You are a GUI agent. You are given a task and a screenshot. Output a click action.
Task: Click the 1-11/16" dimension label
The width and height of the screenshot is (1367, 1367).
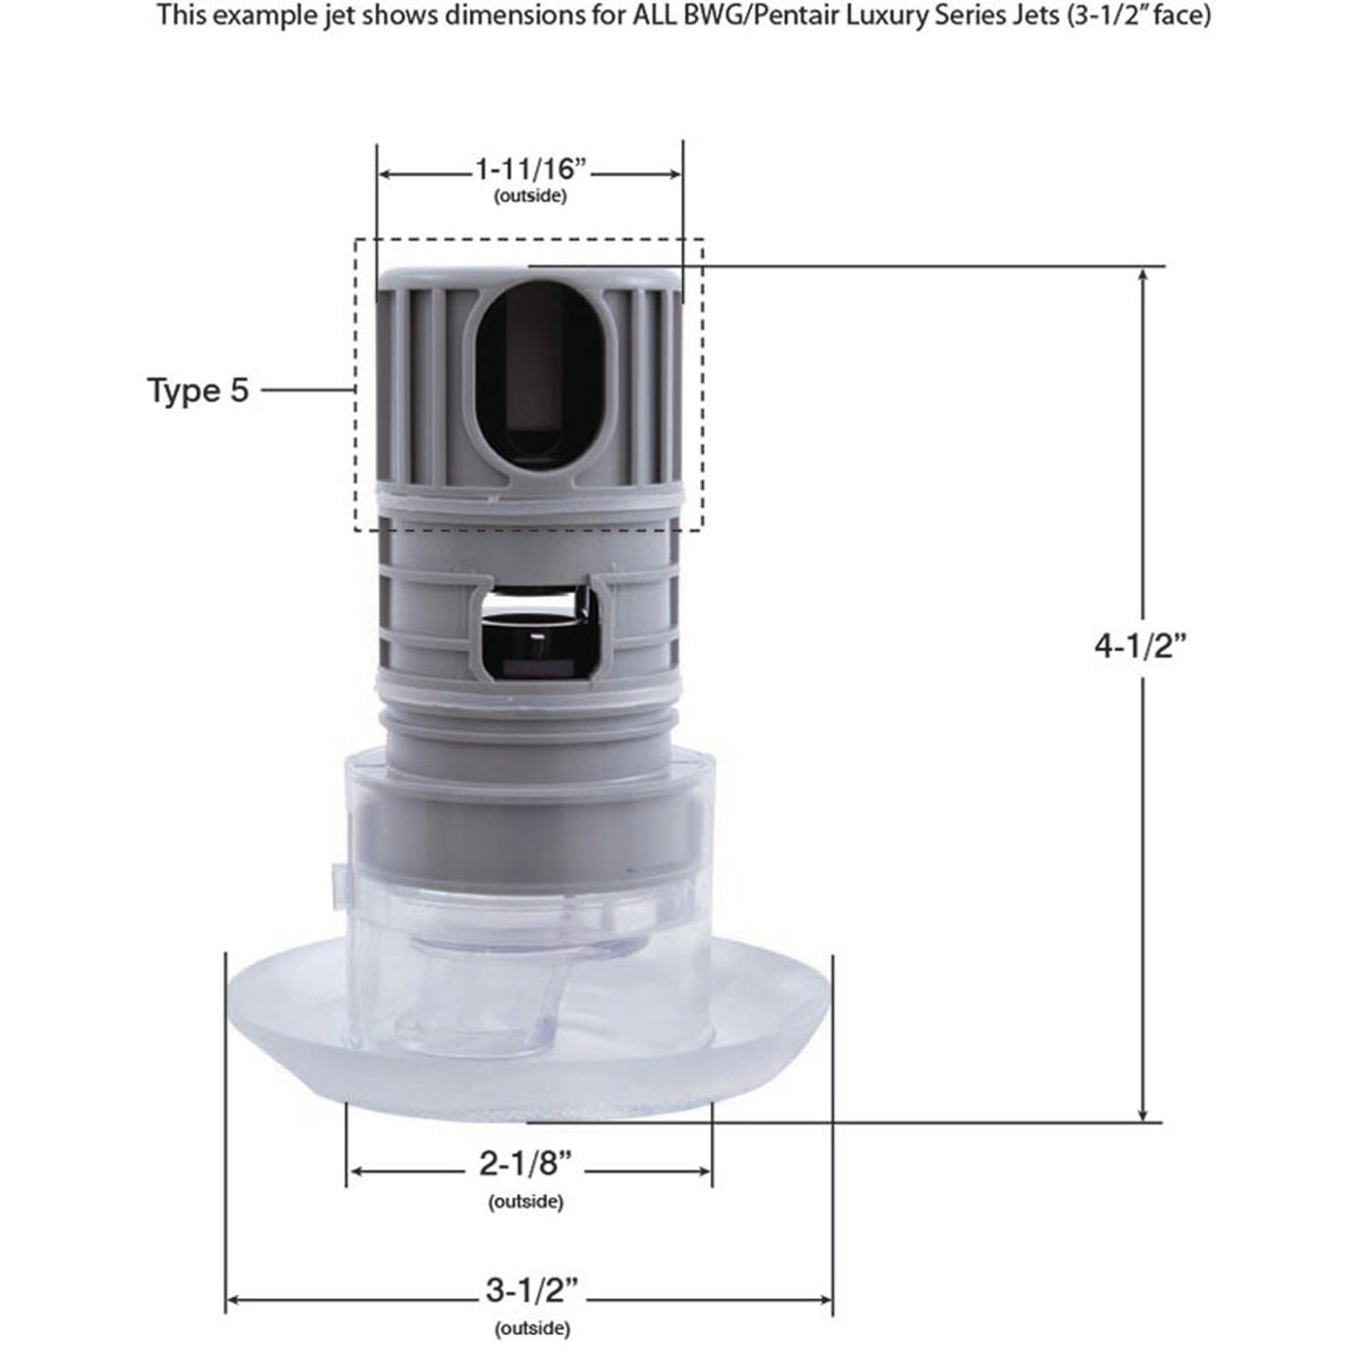click(x=531, y=170)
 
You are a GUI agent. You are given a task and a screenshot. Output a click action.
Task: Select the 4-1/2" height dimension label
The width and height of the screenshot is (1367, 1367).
click(x=1140, y=646)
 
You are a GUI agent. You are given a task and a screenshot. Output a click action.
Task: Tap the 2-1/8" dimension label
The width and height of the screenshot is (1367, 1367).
click(x=526, y=1164)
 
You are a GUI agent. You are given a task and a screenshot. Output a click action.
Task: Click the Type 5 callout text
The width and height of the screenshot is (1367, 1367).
click(x=198, y=390)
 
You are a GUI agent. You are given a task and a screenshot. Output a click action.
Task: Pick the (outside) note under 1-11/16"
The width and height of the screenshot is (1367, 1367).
click(x=531, y=197)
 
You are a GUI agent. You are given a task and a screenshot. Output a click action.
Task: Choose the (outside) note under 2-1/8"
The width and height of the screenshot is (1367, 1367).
click(x=526, y=1202)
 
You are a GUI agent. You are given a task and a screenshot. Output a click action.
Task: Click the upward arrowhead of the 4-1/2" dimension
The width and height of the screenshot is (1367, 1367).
click(x=1144, y=275)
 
